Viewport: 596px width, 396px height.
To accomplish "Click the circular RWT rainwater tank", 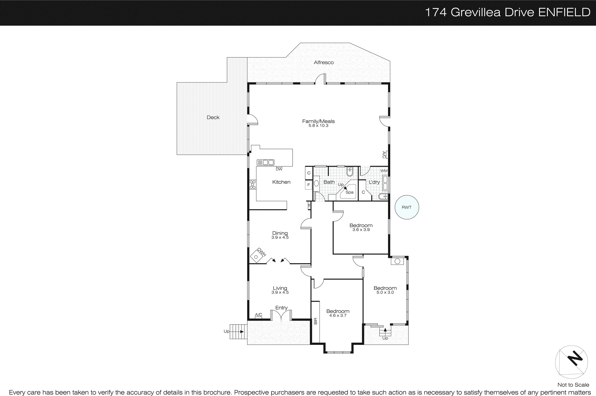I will pyautogui.click(x=406, y=207).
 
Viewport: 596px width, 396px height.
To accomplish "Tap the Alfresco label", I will pyautogui.click(x=324, y=62).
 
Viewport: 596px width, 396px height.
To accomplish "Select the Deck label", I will pyautogui.click(x=213, y=117).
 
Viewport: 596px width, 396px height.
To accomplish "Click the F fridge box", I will pyautogui.click(x=308, y=185).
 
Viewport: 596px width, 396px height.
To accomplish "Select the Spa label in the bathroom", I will pyautogui.click(x=349, y=192).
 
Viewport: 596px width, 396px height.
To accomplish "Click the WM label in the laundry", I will pyautogui.click(x=384, y=171).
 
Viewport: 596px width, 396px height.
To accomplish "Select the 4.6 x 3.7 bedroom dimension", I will pyautogui.click(x=338, y=315).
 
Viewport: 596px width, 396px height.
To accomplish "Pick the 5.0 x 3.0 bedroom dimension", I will pyautogui.click(x=385, y=292).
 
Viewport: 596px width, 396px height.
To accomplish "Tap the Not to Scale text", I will pyautogui.click(x=573, y=385).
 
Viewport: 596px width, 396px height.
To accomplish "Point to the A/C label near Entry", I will pyautogui.click(x=258, y=315).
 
